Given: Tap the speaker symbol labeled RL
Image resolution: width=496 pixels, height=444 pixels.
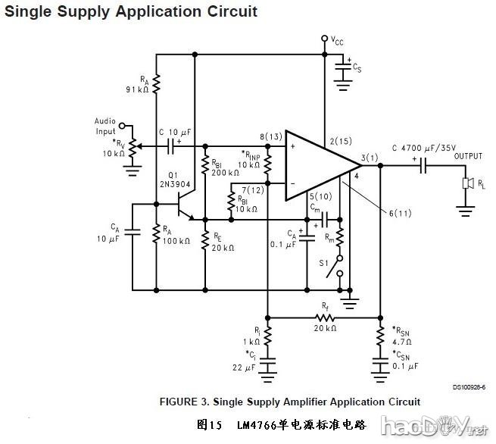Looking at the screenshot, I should [467, 184].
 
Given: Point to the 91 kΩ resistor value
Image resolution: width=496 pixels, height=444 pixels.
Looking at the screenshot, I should [137, 89].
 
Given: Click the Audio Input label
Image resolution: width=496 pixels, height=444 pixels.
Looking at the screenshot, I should [105, 126].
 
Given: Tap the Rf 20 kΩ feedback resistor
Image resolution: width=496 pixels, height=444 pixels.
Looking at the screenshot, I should [324, 317].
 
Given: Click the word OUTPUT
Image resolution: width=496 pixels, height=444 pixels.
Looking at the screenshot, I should [468, 156].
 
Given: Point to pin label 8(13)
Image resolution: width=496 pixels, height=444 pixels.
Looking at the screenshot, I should [270, 137].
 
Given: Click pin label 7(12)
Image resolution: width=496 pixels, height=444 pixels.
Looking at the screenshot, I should [254, 189].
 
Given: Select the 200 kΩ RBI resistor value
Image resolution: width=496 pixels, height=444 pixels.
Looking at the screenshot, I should [225, 172].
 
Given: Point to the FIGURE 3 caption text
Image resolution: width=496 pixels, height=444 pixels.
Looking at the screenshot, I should [289, 402].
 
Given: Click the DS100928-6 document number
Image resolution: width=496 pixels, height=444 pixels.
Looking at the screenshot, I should [469, 386].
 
